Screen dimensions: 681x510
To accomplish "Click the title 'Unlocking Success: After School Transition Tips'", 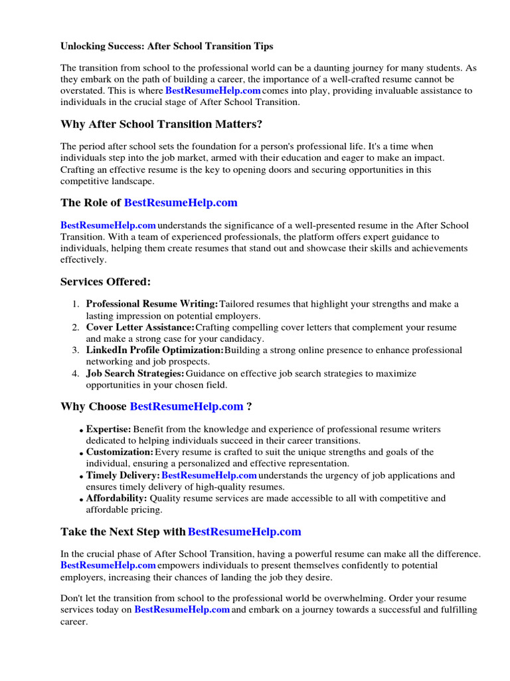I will (x=167, y=47).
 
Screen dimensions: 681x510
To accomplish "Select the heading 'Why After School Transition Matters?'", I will (x=159, y=124).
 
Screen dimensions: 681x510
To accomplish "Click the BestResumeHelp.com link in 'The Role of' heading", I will (x=180, y=202).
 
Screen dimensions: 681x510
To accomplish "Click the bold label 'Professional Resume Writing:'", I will (x=151, y=304).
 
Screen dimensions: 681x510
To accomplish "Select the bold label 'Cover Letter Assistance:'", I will (x=140, y=327).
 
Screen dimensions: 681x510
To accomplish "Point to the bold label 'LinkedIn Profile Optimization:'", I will (x=155, y=350).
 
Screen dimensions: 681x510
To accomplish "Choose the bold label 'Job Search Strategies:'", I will (x=135, y=373).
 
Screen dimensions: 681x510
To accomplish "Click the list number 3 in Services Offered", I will (x=76, y=350).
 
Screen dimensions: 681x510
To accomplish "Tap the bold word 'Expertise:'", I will (x=108, y=429).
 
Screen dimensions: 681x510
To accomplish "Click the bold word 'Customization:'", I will (x=120, y=452).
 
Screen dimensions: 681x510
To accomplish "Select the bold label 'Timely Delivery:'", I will (x=123, y=475).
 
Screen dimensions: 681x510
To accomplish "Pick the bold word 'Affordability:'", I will (x=116, y=497).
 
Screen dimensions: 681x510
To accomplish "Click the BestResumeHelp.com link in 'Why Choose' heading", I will (x=187, y=406).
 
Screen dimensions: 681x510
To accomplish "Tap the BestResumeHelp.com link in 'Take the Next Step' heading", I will (x=244, y=531).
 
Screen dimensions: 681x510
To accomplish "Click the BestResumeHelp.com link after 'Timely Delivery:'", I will (x=209, y=475).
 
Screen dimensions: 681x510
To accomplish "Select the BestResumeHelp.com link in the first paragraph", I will (x=212, y=90).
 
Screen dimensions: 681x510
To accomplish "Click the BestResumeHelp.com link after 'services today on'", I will (x=182, y=609).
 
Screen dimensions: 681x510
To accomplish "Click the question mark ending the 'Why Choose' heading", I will (x=249, y=406).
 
